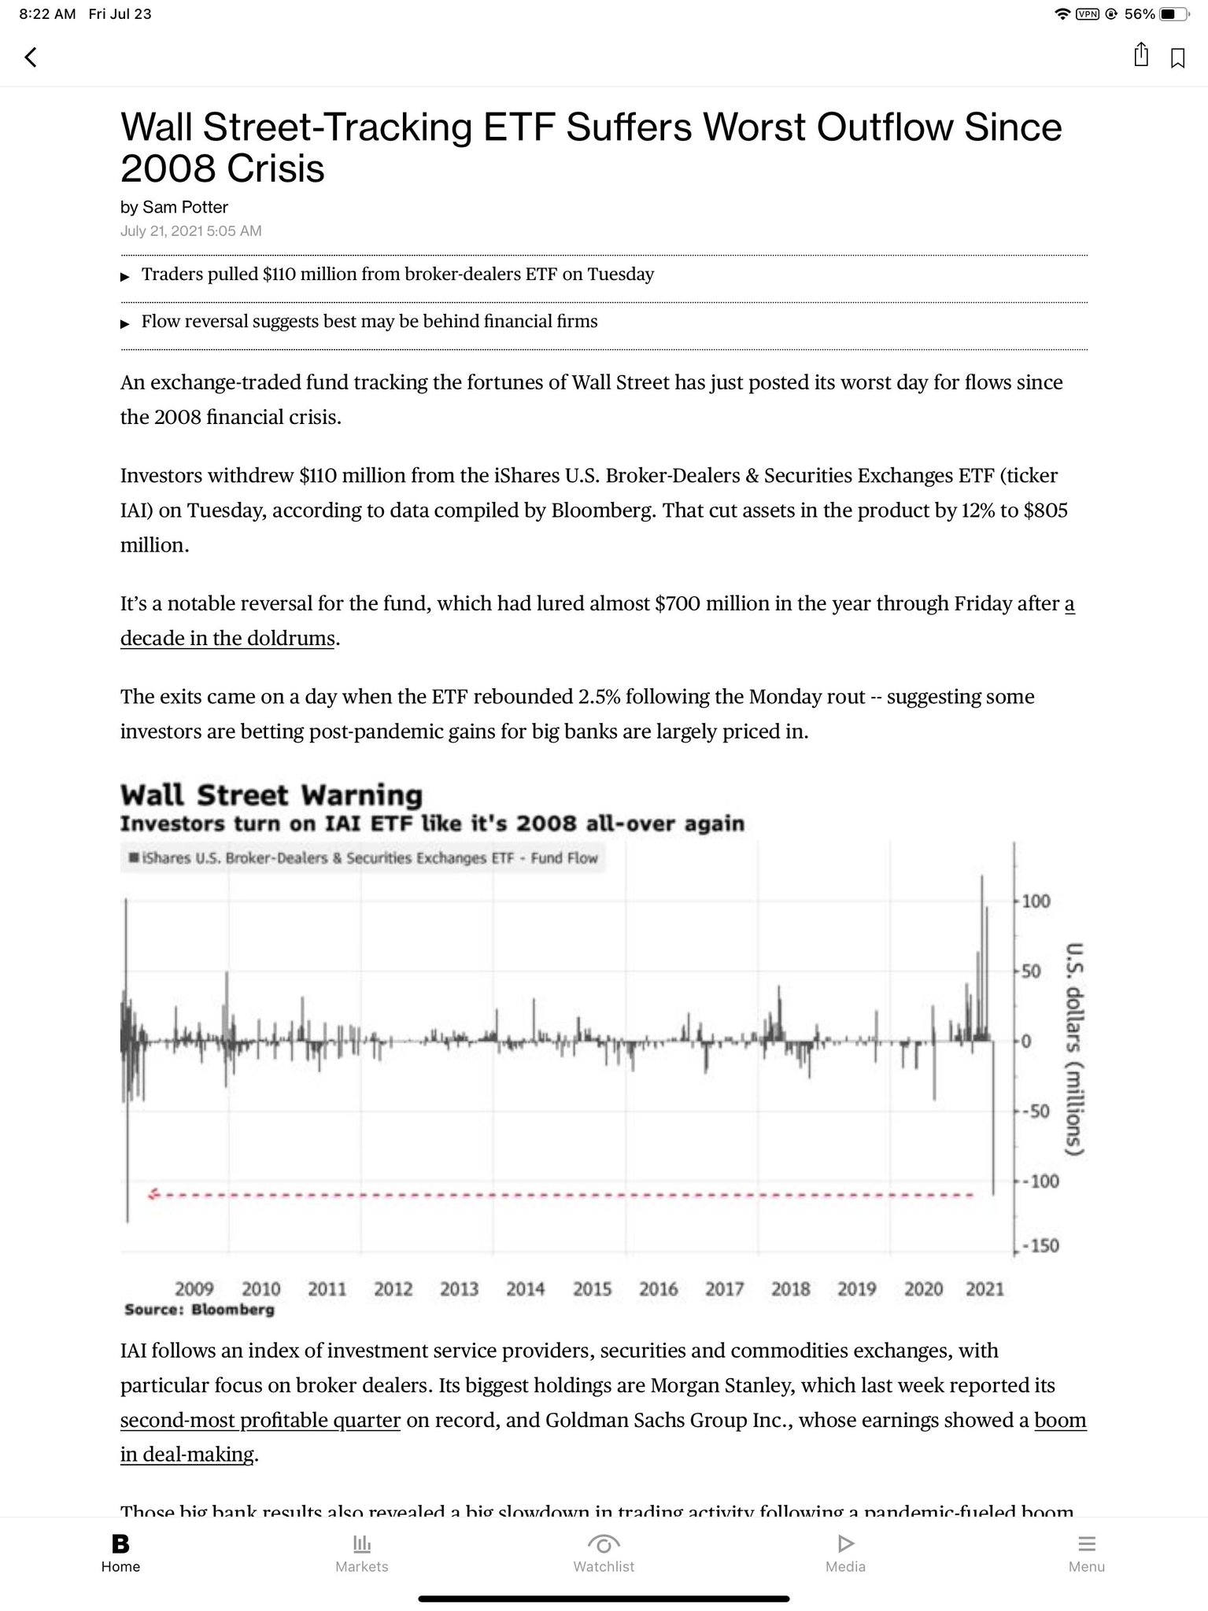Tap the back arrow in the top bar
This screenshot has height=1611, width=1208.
point(31,57)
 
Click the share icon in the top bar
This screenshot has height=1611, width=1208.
point(1140,55)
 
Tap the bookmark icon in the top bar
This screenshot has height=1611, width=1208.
point(1177,58)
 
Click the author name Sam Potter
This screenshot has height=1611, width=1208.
point(185,207)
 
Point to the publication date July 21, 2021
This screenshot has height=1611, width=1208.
point(190,231)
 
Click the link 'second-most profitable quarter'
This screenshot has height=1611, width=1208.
point(260,1420)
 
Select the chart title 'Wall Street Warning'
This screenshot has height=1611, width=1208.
point(272,794)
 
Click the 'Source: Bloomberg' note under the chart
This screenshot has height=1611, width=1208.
point(199,1310)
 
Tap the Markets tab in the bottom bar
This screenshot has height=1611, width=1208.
point(362,1554)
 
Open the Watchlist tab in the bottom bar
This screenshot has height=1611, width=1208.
point(604,1554)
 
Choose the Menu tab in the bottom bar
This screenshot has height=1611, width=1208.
point(1086,1554)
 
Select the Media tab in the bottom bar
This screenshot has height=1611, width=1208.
point(845,1554)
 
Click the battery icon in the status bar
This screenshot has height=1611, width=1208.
point(1172,14)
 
